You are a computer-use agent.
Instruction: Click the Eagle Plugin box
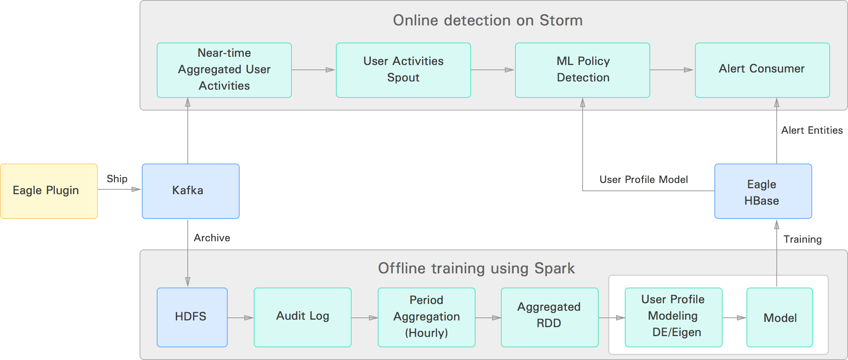pyautogui.click(x=49, y=191)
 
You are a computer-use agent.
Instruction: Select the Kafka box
pyautogui.click(x=190, y=191)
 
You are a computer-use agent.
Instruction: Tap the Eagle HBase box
pyautogui.click(x=763, y=191)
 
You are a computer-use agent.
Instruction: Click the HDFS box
pyautogui.click(x=192, y=317)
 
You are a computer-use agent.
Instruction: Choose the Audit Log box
pyautogui.click(x=302, y=317)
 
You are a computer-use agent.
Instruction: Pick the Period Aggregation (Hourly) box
pyautogui.click(x=426, y=317)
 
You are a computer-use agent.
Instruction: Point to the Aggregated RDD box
pyautogui.click(x=549, y=317)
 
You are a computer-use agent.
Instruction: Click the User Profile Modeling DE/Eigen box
pyautogui.click(x=673, y=317)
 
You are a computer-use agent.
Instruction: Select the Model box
pyautogui.click(x=779, y=317)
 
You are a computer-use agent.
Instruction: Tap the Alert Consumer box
pyautogui.click(x=762, y=70)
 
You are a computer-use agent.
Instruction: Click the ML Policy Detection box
pyautogui.click(x=582, y=70)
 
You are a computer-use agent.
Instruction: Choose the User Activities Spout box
pyautogui.click(x=403, y=70)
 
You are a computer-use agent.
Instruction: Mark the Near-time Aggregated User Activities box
pyautogui.click(x=224, y=70)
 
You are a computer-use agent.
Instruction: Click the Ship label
pyautogui.click(x=117, y=179)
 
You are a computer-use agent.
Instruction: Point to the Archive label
pyautogui.click(x=212, y=238)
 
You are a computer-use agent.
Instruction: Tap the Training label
pyautogui.click(x=802, y=239)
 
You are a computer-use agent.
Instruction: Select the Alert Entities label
pyautogui.click(x=812, y=130)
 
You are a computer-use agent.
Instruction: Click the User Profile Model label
pyautogui.click(x=643, y=180)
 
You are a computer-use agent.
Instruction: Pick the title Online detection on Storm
pyautogui.click(x=487, y=21)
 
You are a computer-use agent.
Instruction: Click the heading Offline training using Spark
pyautogui.click(x=476, y=269)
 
